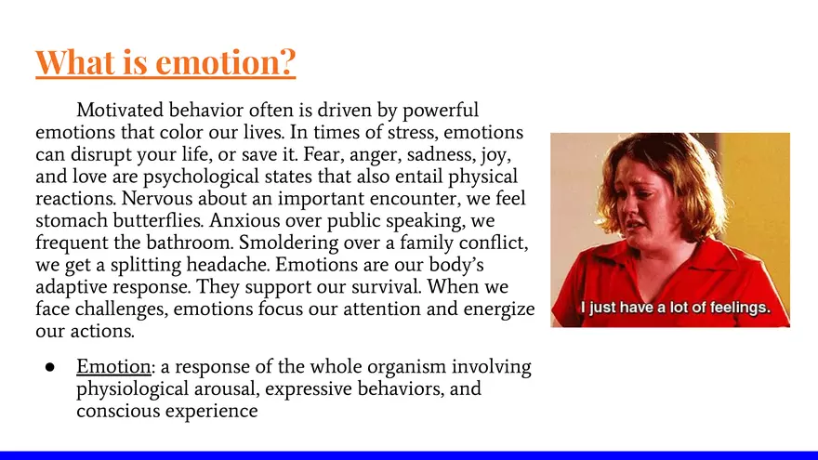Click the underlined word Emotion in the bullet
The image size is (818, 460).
click(113, 366)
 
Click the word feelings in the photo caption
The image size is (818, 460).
click(740, 308)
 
